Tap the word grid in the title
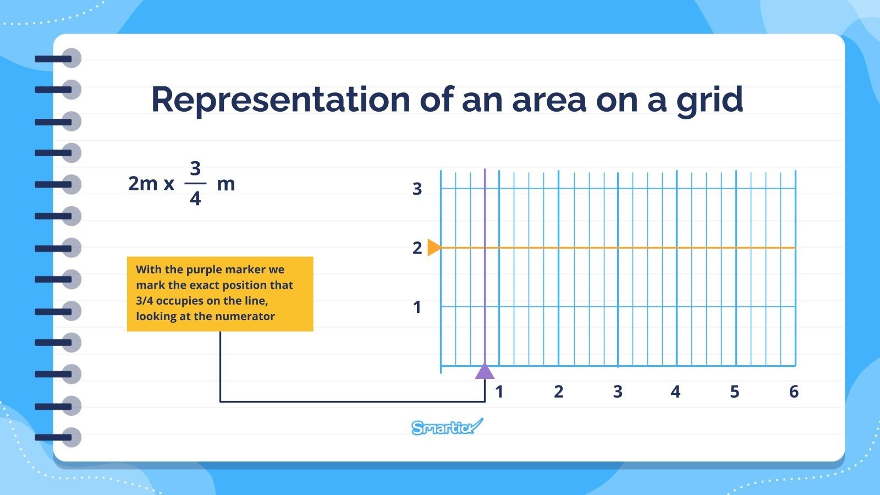coord(710,101)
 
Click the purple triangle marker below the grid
coord(485,371)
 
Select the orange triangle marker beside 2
coord(433,248)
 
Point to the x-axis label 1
coord(499,392)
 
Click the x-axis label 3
coord(617,392)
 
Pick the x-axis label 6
coord(793,392)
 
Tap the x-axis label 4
coord(675,392)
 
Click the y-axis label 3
coord(417,189)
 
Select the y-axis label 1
coord(417,307)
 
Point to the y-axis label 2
coord(417,248)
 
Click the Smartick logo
coord(446,427)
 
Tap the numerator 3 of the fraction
coord(195,168)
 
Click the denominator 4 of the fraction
coord(195,199)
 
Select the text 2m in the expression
coord(142,184)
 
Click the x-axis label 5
coord(734,392)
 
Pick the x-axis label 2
coord(558,392)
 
